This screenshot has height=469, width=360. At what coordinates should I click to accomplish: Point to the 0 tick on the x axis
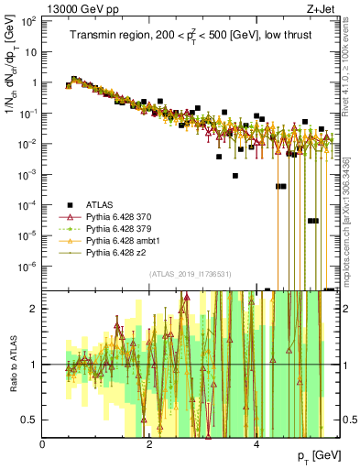(43, 443)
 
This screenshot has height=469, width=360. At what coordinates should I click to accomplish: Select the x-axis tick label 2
(150, 443)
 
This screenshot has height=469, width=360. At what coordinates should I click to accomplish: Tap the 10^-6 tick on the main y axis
(27, 267)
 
